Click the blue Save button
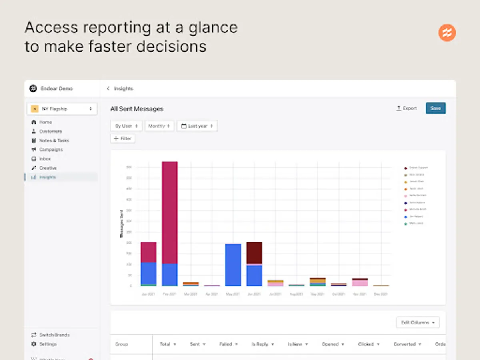coord(435,108)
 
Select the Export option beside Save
coord(406,108)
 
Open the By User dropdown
coord(126,126)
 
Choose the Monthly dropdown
coord(159,126)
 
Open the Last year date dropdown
coord(197,126)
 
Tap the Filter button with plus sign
coord(122,138)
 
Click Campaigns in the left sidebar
coord(51,150)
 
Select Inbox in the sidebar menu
coord(45,159)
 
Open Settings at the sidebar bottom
coord(48,344)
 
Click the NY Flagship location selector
coord(62,109)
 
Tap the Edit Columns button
coord(418,322)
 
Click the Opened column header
coord(333,344)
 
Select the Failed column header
coord(228,344)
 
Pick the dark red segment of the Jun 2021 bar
coord(254,252)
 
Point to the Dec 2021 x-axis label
coord(381,294)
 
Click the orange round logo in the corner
coord(447,33)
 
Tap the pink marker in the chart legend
coord(406,196)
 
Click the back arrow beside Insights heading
coord(108,89)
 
